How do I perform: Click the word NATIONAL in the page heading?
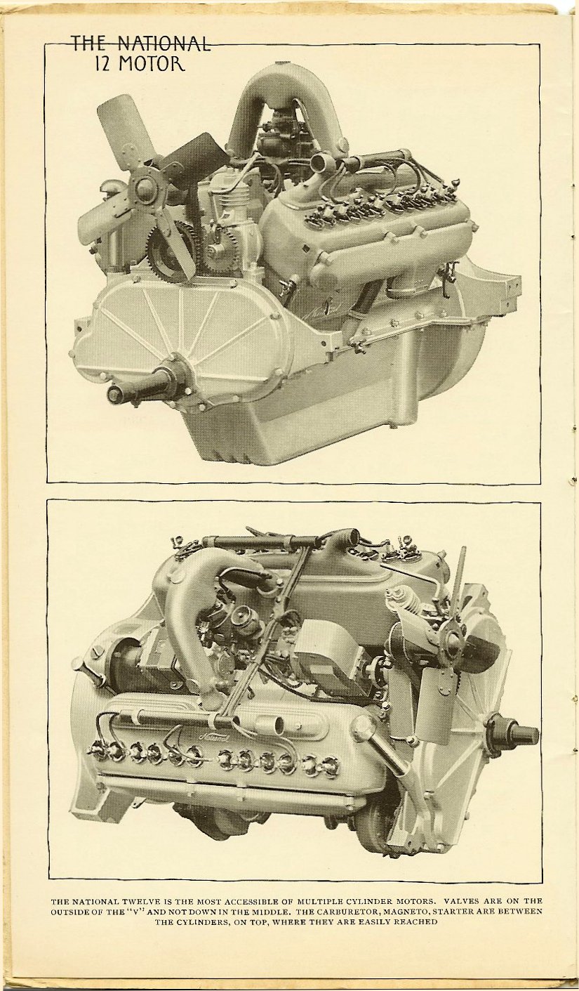pyautogui.click(x=164, y=44)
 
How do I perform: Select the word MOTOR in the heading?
pyautogui.click(x=152, y=65)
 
